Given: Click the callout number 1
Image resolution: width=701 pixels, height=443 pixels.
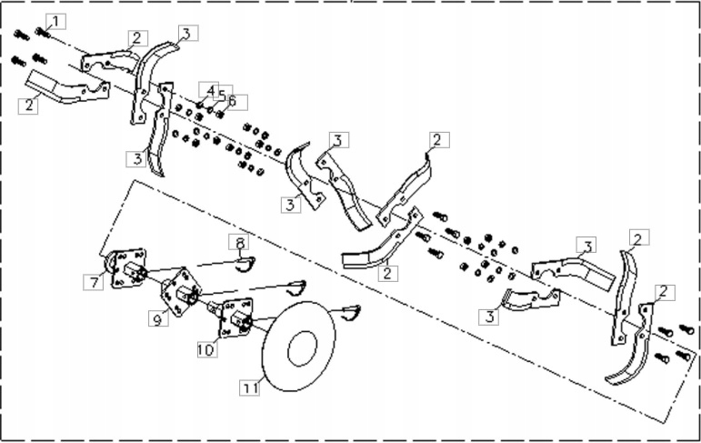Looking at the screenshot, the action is [x=56, y=20].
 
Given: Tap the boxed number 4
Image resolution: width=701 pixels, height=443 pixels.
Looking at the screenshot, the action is [x=211, y=91].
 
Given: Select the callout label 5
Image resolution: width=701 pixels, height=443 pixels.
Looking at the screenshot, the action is [x=224, y=95].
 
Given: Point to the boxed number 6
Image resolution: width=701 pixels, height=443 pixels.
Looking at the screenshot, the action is [x=233, y=101].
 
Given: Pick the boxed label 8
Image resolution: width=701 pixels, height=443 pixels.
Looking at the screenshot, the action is [x=240, y=243].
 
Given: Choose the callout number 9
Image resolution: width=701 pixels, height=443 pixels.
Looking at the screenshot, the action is [x=157, y=319].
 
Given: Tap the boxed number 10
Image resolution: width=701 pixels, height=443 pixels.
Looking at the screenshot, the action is [x=205, y=348].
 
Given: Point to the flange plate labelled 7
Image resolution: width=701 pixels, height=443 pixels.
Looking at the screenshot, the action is [x=127, y=270].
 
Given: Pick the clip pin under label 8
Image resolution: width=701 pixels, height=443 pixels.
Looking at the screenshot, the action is [x=244, y=264].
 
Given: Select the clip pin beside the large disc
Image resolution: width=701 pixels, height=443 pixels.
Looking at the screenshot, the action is [x=350, y=312].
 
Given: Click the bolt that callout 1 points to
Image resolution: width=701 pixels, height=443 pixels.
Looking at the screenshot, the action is [x=41, y=33].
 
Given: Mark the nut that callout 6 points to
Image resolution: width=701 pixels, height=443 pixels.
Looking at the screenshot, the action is [x=219, y=114].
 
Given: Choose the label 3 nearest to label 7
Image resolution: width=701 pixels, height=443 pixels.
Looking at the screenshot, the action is [x=135, y=159].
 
